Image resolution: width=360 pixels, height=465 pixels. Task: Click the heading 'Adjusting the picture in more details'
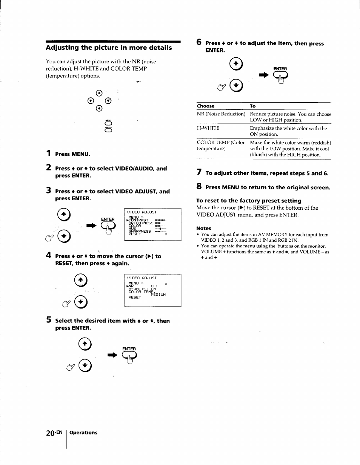click(x=109, y=48)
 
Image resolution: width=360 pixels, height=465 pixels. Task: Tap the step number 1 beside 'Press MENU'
click(x=48, y=153)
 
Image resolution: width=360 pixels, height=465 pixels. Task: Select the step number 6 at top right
click(x=198, y=43)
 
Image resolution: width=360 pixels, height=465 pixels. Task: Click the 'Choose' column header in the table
click(x=206, y=106)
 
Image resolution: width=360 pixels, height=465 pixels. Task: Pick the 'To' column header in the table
click(x=252, y=106)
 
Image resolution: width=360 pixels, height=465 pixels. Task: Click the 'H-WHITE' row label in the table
click(x=208, y=128)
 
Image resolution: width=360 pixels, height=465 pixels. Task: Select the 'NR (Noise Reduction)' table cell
click(x=221, y=114)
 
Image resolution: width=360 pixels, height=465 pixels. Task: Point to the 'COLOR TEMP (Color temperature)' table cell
click(x=220, y=146)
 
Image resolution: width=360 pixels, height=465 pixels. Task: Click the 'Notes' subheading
click(x=204, y=228)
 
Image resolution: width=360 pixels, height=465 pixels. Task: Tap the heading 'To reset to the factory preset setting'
click(x=249, y=201)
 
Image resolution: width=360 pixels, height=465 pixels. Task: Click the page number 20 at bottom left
click(x=51, y=433)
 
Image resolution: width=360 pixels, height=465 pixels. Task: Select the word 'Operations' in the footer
click(x=83, y=433)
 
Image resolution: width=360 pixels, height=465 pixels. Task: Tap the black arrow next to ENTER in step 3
click(x=91, y=226)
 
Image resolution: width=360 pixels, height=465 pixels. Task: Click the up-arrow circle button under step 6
click(x=236, y=64)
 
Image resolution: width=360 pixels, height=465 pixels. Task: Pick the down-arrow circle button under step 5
click(x=86, y=365)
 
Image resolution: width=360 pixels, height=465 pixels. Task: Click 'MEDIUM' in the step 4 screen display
click(x=158, y=295)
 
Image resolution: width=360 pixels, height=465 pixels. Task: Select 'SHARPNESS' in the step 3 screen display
click(x=140, y=231)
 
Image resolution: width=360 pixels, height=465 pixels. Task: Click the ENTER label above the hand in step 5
click(x=129, y=349)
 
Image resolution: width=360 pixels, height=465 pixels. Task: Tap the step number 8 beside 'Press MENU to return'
click(x=199, y=187)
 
